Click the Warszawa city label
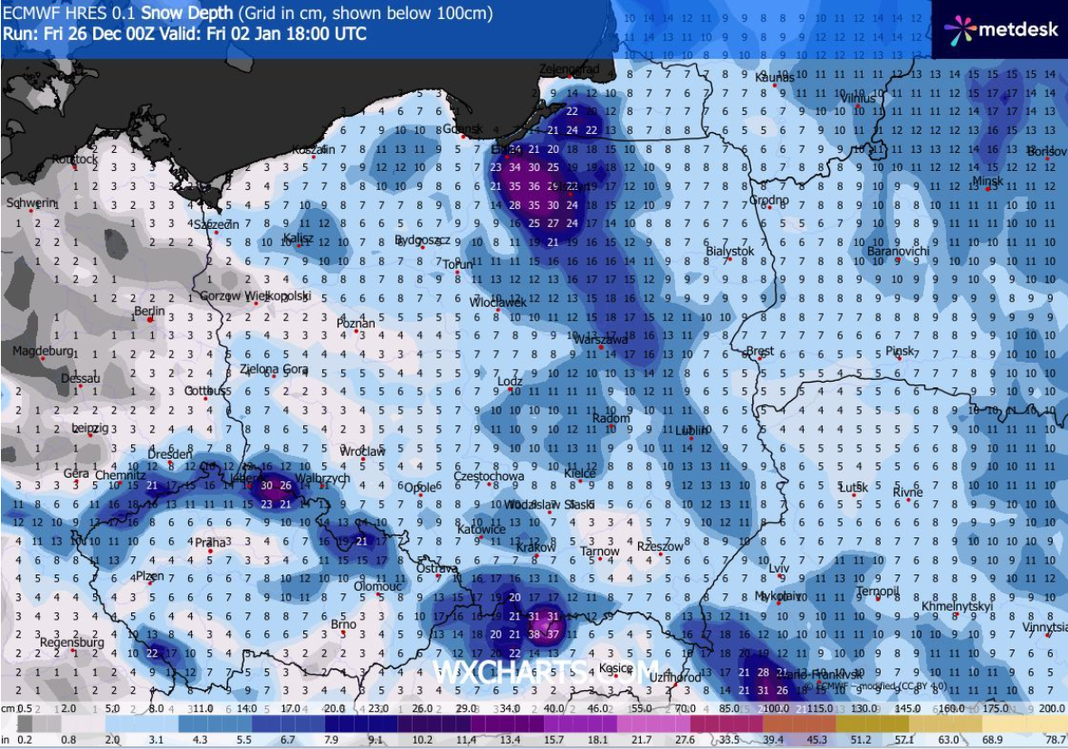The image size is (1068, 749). tap(602, 339)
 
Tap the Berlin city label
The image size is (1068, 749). tap(148, 310)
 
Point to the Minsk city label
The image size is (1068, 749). tap(987, 181)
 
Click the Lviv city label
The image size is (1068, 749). tap(778, 568)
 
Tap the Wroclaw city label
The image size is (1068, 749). tap(362, 450)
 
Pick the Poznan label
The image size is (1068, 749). tap(356, 323)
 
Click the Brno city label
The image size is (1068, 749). tap(343, 624)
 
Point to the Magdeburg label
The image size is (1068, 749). tap(42, 350)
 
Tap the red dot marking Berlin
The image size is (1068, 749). tap(151, 320)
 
